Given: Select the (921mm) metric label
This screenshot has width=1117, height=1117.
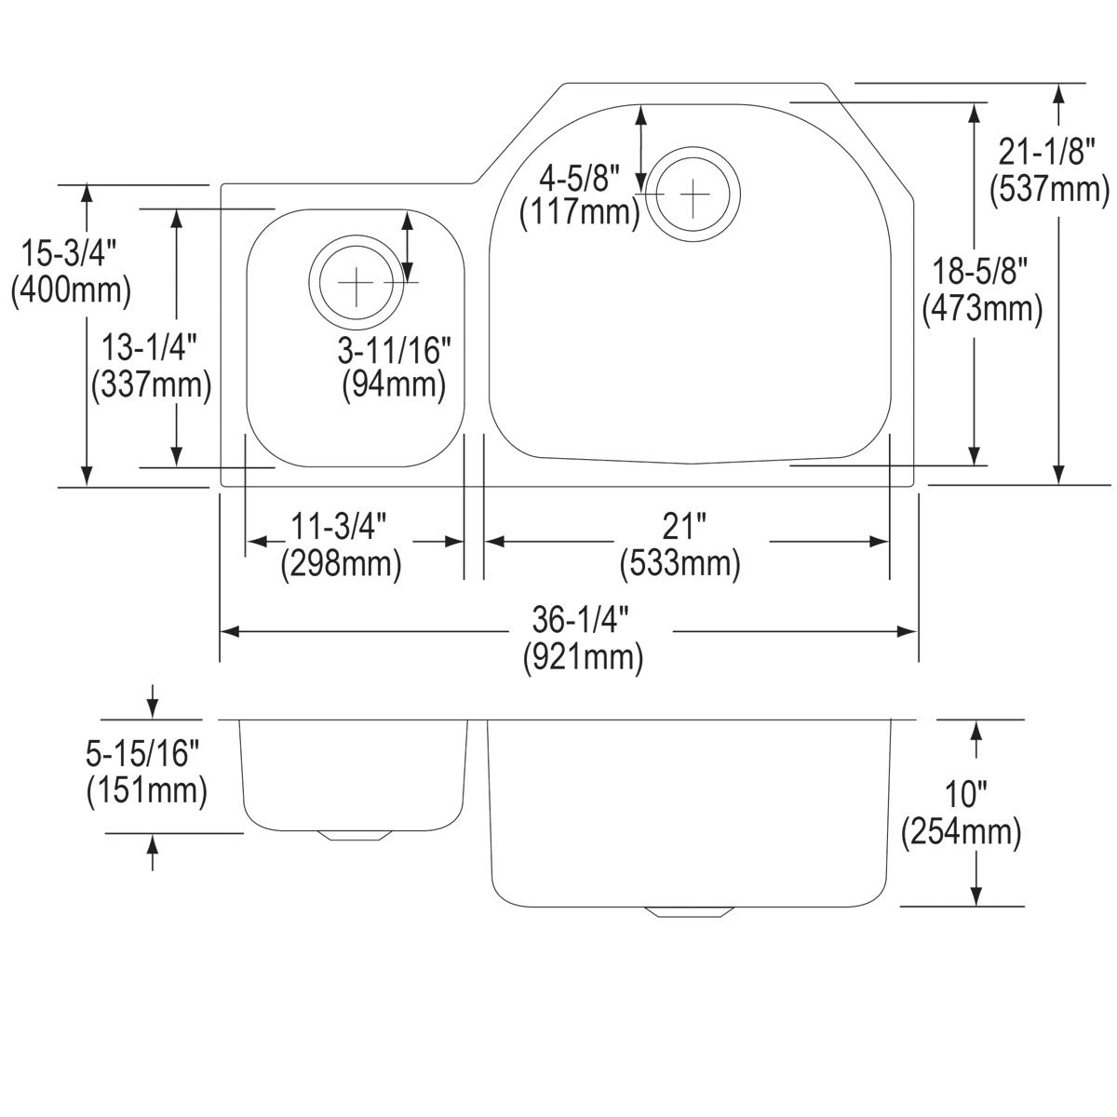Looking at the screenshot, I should click(582, 658).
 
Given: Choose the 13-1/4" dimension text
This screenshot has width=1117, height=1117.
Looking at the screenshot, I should click(150, 349).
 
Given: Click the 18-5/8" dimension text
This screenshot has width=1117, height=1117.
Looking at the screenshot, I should click(981, 273).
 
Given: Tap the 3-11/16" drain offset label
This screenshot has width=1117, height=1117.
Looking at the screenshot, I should click(394, 350).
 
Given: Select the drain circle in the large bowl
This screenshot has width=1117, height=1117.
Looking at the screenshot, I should click(693, 194).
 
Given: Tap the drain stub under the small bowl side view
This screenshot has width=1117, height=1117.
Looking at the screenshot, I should click(354, 835).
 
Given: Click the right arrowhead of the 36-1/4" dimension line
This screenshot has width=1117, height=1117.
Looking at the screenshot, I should click(909, 632).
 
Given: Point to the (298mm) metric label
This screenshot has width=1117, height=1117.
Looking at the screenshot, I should click(341, 565).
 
